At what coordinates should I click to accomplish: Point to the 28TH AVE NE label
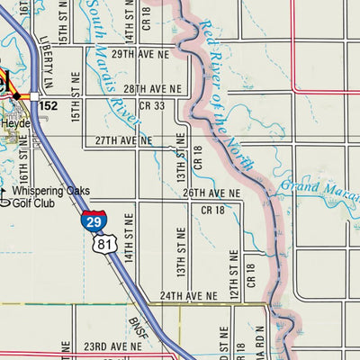(152, 89)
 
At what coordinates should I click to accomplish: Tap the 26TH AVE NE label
(211, 193)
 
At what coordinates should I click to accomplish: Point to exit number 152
(49, 106)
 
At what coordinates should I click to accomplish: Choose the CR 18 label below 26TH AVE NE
(212, 210)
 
